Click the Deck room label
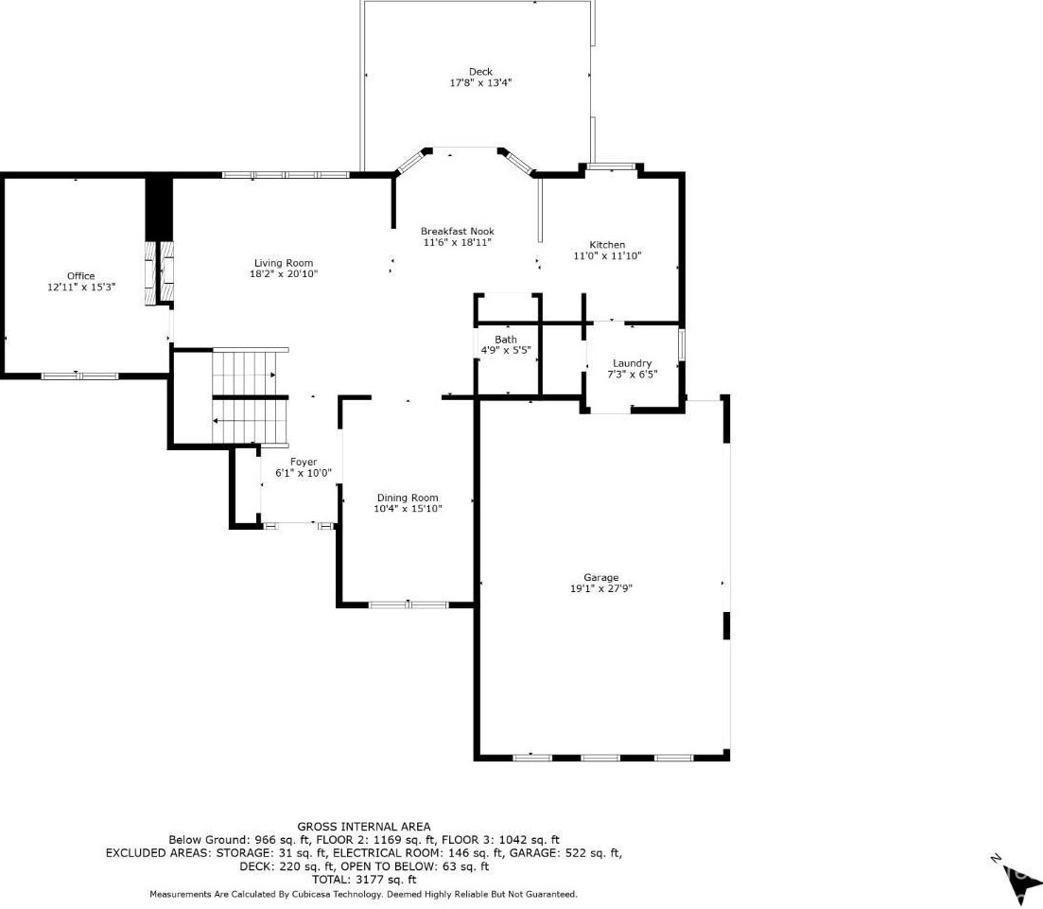tap(480, 72)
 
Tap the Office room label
tap(80, 275)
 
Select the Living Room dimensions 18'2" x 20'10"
tap(284, 273)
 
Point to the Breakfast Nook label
tap(457, 231)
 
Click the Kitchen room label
tap(607, 244)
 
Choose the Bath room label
tap(506, 340)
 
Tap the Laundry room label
tap(632, 363)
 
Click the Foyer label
tap(304, 462)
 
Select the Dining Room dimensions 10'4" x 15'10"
tap(408, 509)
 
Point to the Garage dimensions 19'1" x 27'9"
tap(600, 588)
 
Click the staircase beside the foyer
tap(250, 395)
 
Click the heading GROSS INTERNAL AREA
tap(363, 827)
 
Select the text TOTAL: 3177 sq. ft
tap(364, 880)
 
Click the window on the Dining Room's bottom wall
tap(409, 604)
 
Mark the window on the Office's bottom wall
tap(79, 376)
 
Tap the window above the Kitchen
tap(611, 167)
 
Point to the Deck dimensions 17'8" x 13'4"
tap(480, 83)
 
